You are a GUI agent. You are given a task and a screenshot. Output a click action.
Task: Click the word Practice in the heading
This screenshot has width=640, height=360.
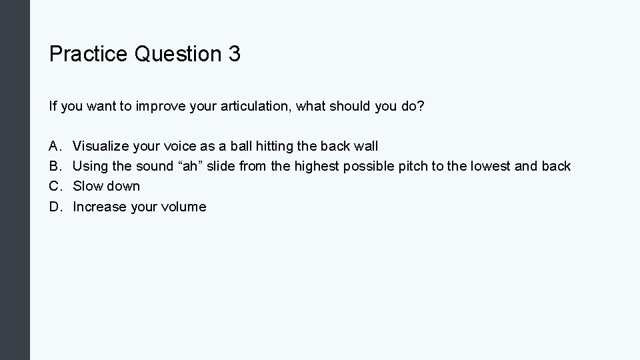[x=89, y=54]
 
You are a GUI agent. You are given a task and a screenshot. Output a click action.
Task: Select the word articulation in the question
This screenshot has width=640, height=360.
[x=257, y=105]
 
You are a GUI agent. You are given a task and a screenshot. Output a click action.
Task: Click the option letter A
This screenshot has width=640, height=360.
[x=53, y=145]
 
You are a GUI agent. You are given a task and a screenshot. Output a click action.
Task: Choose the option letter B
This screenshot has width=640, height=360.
[x=53, y=166]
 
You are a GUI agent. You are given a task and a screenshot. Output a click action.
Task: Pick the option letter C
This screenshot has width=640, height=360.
[x=54, y=186]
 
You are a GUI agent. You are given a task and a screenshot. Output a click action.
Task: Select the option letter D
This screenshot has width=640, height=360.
[x=54, y=207]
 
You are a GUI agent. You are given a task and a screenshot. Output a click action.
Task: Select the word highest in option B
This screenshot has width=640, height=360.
[x=317, y=166]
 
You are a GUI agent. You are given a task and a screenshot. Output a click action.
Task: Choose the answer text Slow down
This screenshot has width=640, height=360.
[x=107, y=186]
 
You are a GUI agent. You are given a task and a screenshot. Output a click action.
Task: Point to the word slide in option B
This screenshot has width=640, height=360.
[x=222, y=166]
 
